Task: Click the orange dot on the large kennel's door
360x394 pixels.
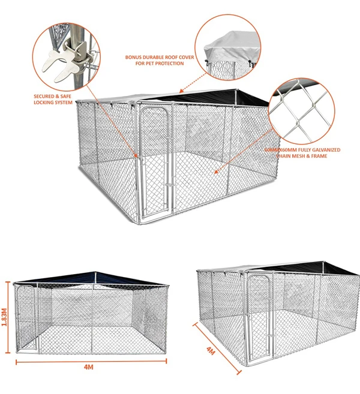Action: pyautogui.click(x=137, y=157)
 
